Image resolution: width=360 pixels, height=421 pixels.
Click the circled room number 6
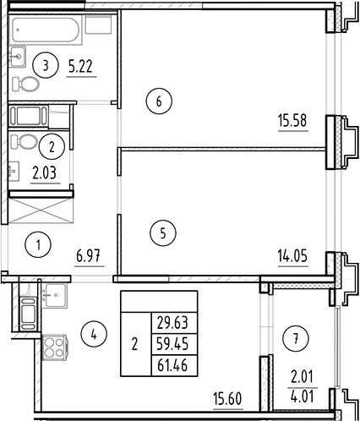pos(157,101)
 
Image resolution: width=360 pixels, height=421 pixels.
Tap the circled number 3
pos(49,63)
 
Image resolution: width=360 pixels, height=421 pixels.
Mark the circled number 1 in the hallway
pos(38,246)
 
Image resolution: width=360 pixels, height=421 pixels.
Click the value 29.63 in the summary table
pos(172,321)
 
